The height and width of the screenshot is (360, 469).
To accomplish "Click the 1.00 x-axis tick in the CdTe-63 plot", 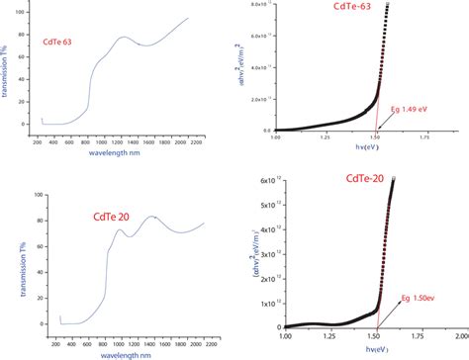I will coord(275,138).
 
